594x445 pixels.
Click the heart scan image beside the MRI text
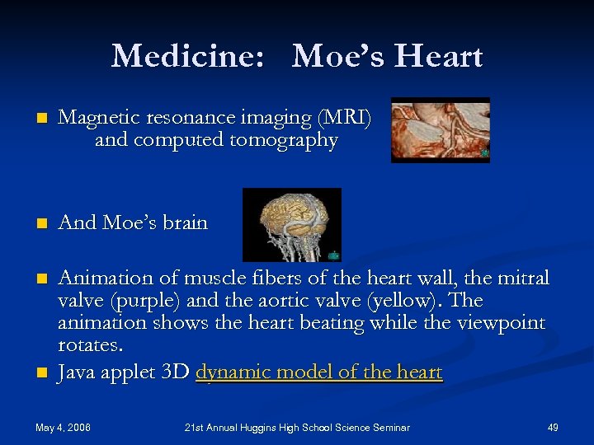(440, 129)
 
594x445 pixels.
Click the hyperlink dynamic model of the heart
(319, 372)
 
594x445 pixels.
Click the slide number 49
(553, 428)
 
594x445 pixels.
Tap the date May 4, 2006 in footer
(63, 428)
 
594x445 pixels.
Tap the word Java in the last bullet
(77, 372)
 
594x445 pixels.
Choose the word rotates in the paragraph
(88, 344)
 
